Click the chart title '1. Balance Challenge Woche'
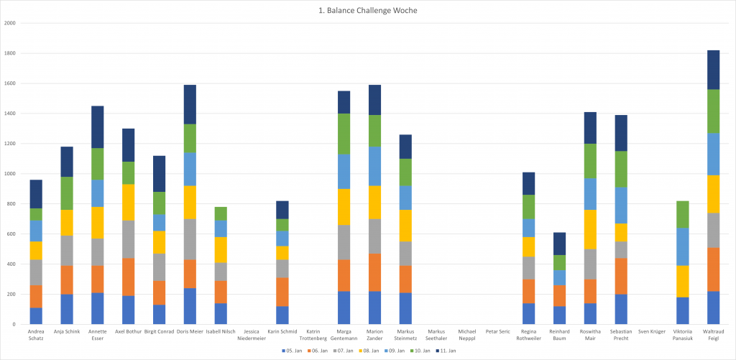[x=367, y=11]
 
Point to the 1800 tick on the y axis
[x=10, y=53]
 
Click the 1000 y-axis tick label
[x=10, y=174]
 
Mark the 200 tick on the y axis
[x=11, y=295]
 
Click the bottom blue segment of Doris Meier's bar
[x=189, y=306]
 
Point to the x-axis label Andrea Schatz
[x=36, y=335]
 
